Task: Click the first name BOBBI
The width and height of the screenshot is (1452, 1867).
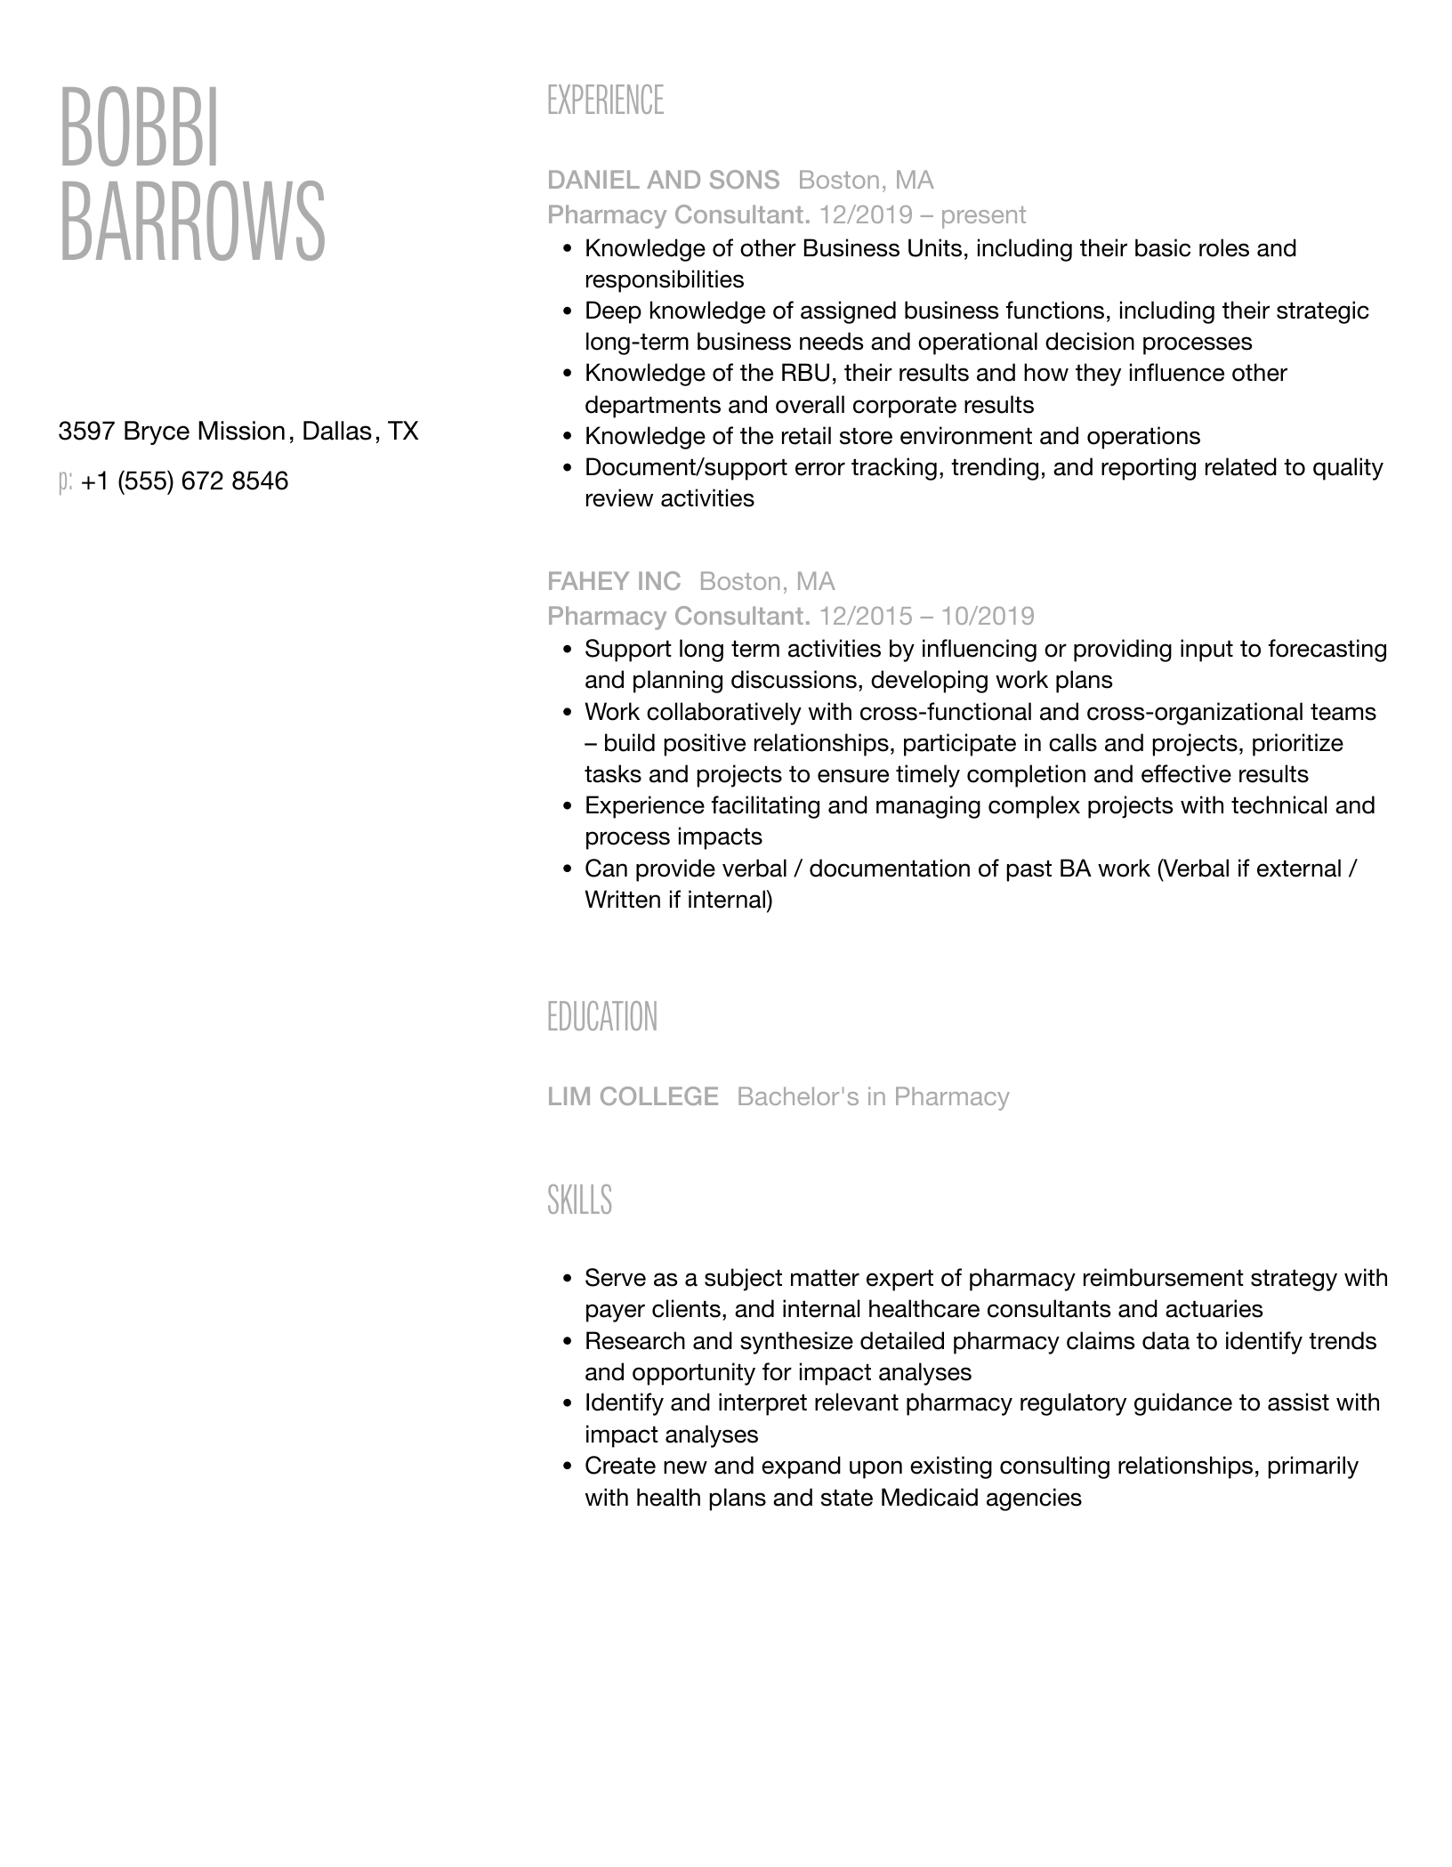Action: pyautogui.click(x=139, y=127)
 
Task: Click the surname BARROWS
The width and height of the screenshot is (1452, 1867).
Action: pyautogui.click(x=192, y=222)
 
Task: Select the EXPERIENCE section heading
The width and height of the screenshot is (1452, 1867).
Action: pyautogui.click(x=605, y=101)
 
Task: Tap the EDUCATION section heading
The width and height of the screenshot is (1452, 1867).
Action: pyautogui.click(x=601, y=1017)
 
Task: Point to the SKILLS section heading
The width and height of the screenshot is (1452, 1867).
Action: pyautogui.click(x=579, y=1200)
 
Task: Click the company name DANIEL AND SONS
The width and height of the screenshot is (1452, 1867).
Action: pyautogui.click(x=663, y=180)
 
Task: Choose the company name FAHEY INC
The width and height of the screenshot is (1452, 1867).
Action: pyautogui.click(x=613, y=581)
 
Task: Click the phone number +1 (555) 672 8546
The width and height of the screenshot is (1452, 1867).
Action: pyautogui.click(x=184, y=481)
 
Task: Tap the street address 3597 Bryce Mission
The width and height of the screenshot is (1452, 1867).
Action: pyautogui.click(x=171, y=432)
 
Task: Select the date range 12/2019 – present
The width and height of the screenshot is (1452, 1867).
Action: pyautogui.click(x=922, y=214)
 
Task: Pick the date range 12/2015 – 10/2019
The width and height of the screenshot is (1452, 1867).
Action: pyautogui.click(x=926, y=616)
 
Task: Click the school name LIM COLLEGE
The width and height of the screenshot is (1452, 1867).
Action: pyautogui.click(x=633, y=1096)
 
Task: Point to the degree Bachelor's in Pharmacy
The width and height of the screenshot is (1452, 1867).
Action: pyautogui.click(x=873, y=1096)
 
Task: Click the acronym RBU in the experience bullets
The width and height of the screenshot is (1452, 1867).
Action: pyautogui.click(x=805, y=373)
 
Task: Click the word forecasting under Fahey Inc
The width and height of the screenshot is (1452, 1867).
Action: pyautogui.click(x=1327, y=649)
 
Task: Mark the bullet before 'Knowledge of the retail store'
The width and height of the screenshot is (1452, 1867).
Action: pyautogui.click(x=568, y=437)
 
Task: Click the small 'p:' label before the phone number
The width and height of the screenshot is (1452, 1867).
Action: pyautogui.click(x=65, y=481)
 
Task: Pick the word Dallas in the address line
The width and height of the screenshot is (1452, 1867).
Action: pyautogui.click(x=337, y=432)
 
